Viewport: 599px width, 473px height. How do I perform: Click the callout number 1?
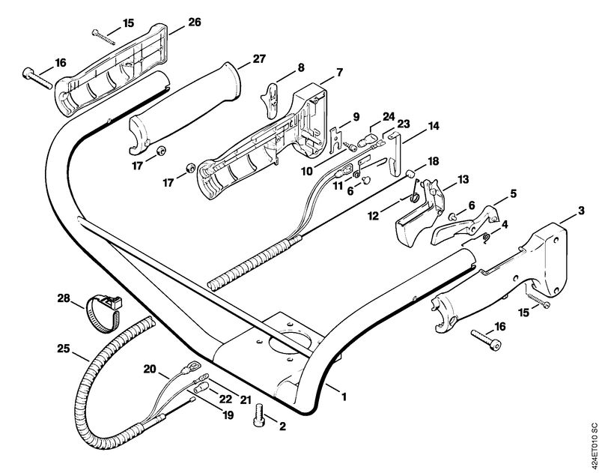(344, 397)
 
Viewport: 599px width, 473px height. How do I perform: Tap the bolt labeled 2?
(259, 414)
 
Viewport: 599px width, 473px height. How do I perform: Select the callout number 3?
(581, 211)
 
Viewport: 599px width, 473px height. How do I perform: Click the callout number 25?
(64, 349)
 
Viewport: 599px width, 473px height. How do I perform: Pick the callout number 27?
(259, 59)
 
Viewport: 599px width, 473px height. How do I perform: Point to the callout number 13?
(463, 179)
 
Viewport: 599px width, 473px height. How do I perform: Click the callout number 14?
(434, 126)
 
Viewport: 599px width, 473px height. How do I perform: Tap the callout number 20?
(150, 369)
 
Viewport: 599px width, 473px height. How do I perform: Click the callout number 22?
(225, 400)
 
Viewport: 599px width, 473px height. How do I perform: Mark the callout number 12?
(373, 216)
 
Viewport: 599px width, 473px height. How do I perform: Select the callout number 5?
(513, 193)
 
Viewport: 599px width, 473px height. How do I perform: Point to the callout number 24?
(389, 117)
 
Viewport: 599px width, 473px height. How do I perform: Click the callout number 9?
(356, 117)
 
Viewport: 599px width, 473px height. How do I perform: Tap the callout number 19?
(228, 415)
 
